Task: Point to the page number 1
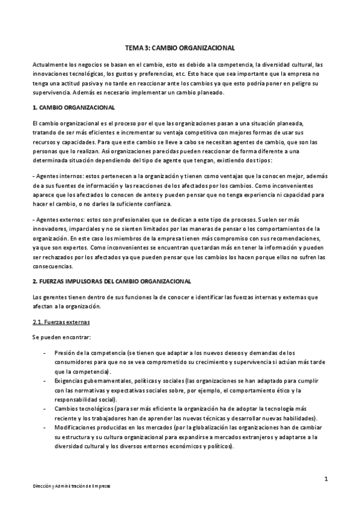click(x=325, y=479)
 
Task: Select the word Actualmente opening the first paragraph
click(x=52, y=64)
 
